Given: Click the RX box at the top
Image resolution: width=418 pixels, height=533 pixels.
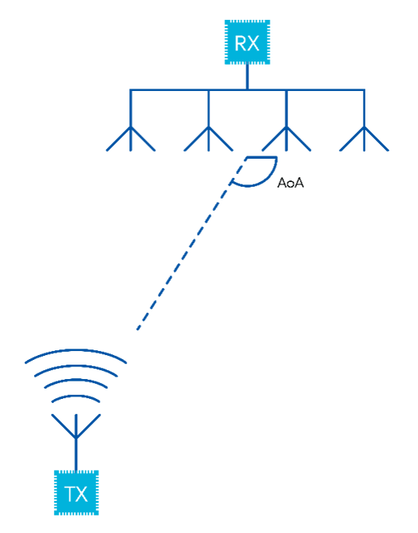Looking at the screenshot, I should [x=246, y=42].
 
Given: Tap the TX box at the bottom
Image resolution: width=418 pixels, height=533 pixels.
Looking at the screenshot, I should [x=77, y=492].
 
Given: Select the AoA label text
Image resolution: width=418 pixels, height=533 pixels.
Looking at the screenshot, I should [x=290, y=184].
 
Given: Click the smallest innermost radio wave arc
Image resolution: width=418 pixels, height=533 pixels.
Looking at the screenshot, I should [x=77, y=397].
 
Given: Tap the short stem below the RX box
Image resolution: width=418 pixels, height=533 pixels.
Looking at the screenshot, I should [x=247, y=77].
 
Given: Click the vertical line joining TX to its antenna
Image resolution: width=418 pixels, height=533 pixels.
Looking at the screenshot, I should [x=77, y=456].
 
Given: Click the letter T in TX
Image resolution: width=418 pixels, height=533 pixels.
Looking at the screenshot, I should [x=70, y=493].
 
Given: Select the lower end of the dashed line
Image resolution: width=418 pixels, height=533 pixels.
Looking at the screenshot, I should [x=139, y=328].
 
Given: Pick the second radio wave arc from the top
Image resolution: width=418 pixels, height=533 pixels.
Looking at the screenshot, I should [x=77, y=368].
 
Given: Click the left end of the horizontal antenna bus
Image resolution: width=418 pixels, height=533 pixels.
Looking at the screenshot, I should [x=132, y=91].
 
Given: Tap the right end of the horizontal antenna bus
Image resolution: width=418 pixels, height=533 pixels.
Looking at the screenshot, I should [x=364, y=91].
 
